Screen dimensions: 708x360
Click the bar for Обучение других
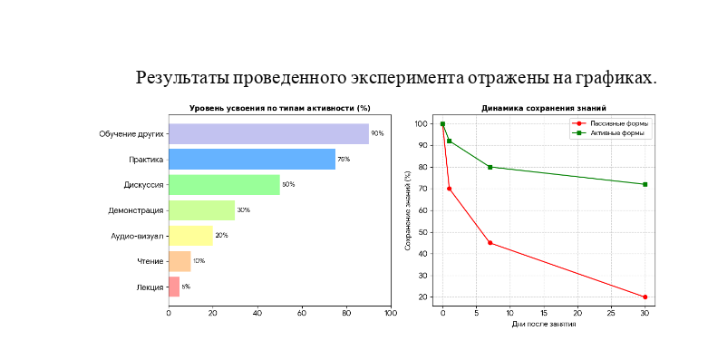pos(268,133)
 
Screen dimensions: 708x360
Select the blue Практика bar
pos(252,159)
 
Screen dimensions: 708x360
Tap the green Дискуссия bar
pos(225,185)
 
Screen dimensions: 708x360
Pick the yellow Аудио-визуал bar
pos(190,236)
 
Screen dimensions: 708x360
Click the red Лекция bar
pos(174,287)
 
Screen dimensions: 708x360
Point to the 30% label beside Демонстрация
pos(243,210)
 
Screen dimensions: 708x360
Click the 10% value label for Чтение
pos(199,261)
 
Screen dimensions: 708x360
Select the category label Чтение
pos(150,261)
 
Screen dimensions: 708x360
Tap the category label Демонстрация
pos(135,210)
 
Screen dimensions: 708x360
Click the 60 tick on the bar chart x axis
pos(302,313)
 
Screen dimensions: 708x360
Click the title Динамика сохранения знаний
pos(544,109)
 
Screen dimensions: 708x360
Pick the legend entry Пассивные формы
pos(610,123)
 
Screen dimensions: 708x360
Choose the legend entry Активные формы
pos(608,133)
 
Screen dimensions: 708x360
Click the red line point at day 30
pos(645,297)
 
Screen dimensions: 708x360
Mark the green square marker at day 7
pos(490,167)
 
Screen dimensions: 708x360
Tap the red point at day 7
pos(490,243)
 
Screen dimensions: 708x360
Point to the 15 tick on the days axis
pos(544,313)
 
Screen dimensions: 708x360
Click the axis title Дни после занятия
pos(544,324)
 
